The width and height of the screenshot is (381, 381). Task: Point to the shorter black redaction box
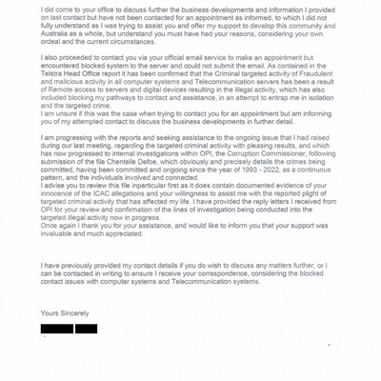pyautogui.click(x=86, y=329)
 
